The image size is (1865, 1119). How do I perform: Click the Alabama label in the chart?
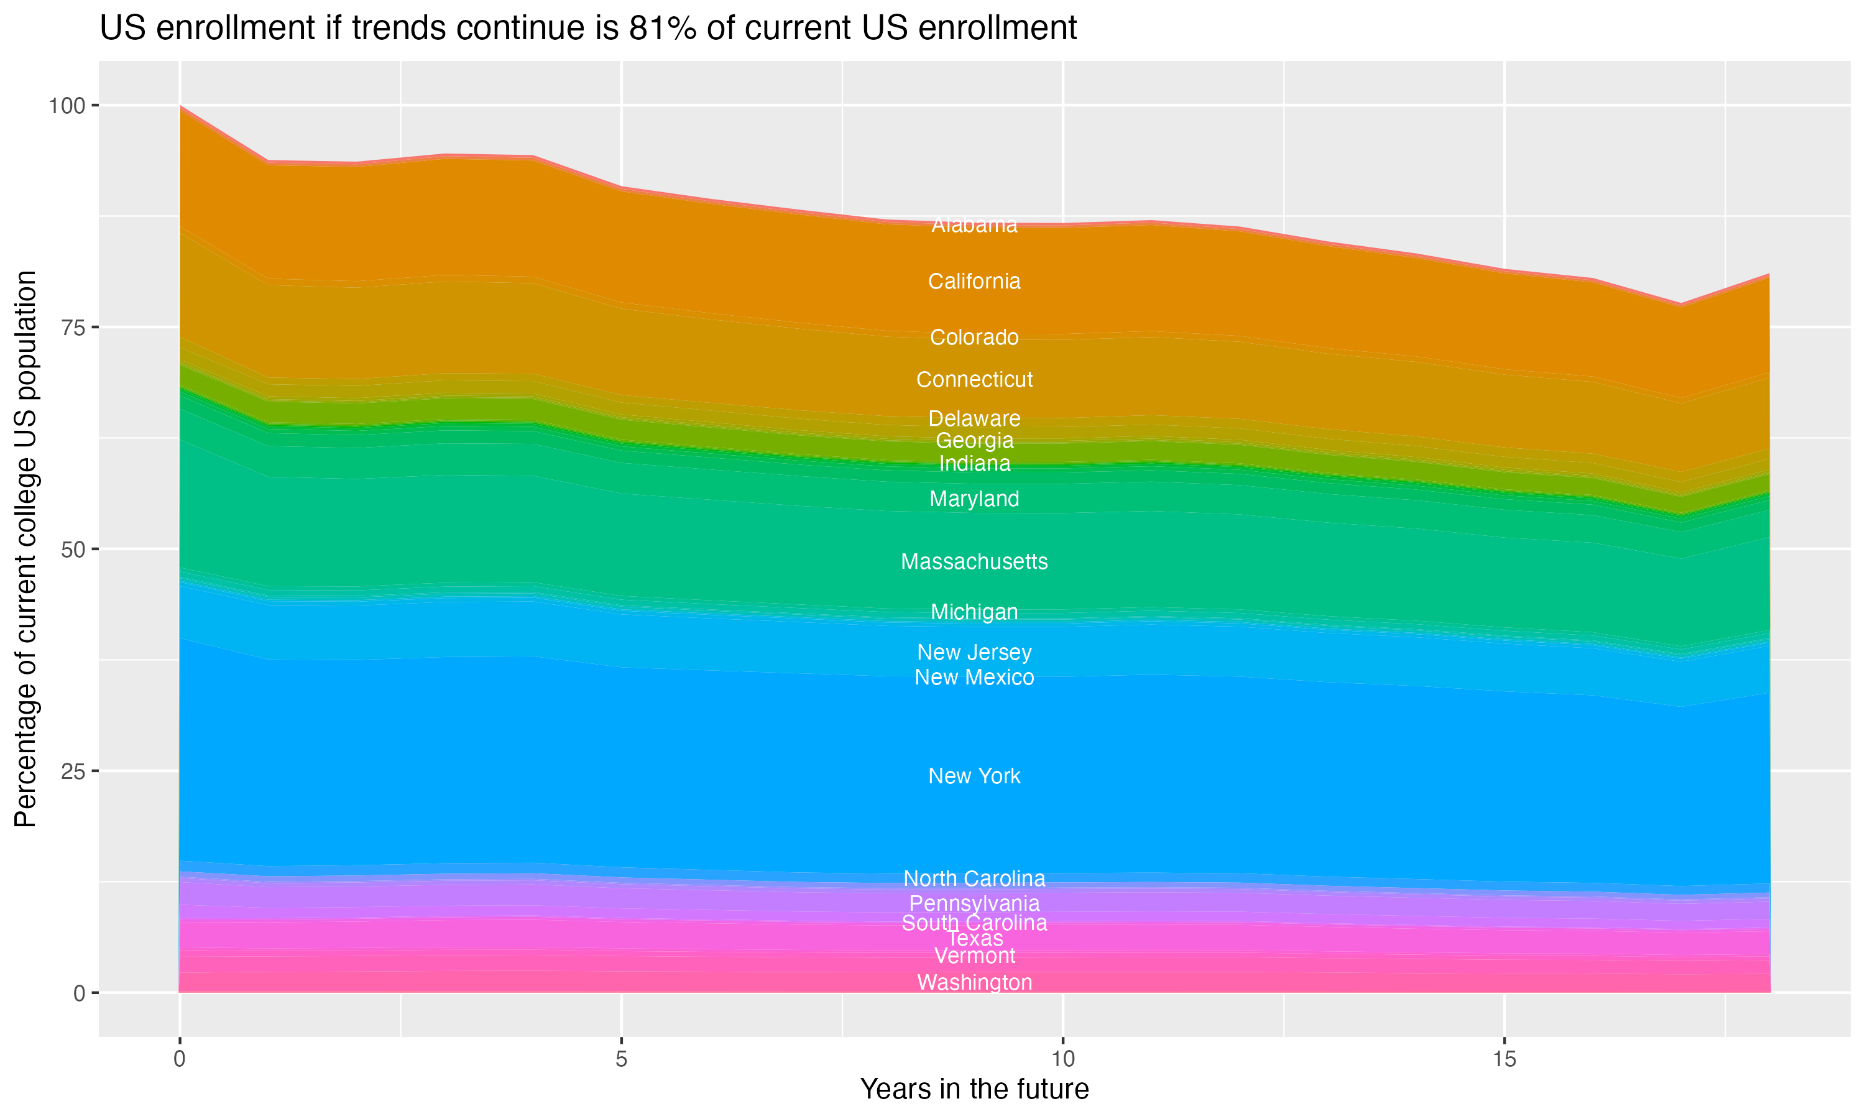pos(974,224)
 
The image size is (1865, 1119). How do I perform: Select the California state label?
pos(974,281)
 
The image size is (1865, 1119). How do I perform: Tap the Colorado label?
pos(974,337)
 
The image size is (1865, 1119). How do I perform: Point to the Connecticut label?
pos(974,379)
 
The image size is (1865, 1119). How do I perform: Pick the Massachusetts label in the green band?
pos(974,562)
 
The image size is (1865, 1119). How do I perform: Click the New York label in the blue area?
pos(974,776)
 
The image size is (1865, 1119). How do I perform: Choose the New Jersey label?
pos(974,652)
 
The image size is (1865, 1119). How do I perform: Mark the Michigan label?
pos(974,612)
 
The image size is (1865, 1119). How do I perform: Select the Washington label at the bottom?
pos(974,982)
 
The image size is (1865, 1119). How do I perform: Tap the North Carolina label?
pos(974,878)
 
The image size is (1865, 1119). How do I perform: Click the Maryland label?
pos(974,499)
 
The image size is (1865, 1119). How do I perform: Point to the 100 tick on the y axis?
pos(67,106)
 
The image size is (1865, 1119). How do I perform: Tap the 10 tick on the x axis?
pos(1062,1059)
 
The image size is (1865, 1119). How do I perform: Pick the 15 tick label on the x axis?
pos(1504,1059)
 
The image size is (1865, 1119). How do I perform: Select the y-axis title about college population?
pos(25,548)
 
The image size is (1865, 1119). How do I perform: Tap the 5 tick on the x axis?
pos(621,1059)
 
